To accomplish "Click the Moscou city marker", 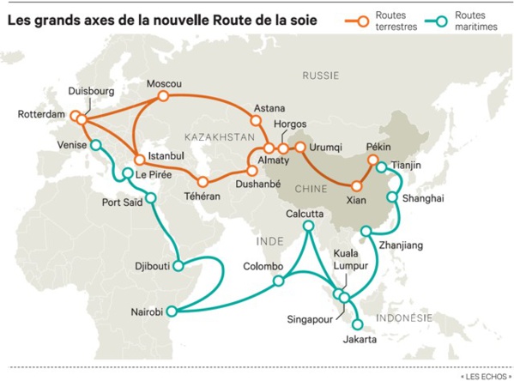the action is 160,99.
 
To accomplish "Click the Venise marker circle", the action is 95,146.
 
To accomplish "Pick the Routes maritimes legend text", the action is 478,21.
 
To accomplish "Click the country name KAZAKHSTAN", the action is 220,136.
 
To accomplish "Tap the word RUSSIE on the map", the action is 322,76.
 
